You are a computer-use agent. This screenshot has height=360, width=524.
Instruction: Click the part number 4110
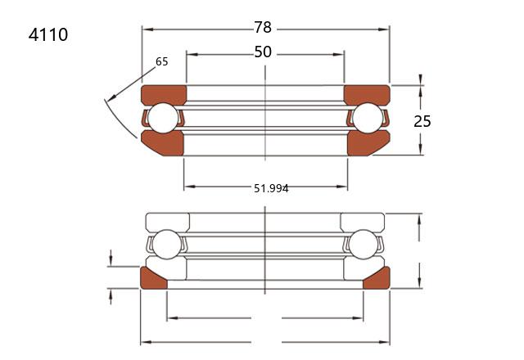pyautogui.click(x=48, y=34)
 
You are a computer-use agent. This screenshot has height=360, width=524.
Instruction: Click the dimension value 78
pyautogui.click(x=263, y=27)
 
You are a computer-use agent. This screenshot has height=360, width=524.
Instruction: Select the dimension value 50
pyautogui.click(x=263, y=52)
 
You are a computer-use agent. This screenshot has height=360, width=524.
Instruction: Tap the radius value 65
pyautogui.click(x=162, y=61)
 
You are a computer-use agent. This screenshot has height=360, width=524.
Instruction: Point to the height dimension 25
pyautogui.click(x=422, y=121)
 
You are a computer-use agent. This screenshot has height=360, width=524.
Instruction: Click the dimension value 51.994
pyautogui.click(x=271, y=189)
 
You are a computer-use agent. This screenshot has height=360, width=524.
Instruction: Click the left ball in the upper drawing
pyautogui.click(x=163, y=118)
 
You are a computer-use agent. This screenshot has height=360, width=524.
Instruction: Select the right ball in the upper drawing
pyautogui.click(x=368, y=118)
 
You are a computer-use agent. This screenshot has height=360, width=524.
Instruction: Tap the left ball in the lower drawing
pyautogui.click(x=166, y=245)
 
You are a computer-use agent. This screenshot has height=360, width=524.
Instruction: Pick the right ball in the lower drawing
pyautogui.click(x=363, y=245)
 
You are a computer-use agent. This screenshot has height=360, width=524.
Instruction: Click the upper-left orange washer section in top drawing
pyautogui.click(x=164, y=94)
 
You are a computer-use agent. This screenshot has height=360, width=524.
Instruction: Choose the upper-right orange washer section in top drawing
pyautogui.click(x=367, y=94)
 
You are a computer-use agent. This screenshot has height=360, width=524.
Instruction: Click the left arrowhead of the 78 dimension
pyautogui.click(x=147, y=29)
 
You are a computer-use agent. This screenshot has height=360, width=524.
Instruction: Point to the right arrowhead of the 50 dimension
pyautogui.click(x=338, y=55)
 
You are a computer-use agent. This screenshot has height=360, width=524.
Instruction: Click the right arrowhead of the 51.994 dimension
pyautogui.click(x=342, y=187)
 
